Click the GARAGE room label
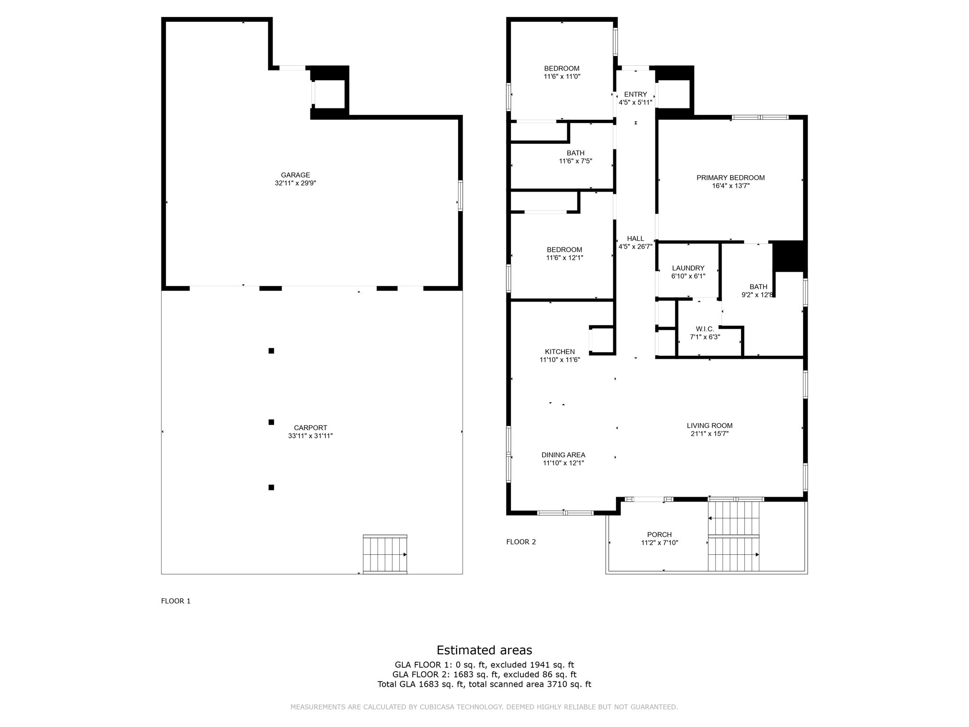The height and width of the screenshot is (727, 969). [x=295, y=175]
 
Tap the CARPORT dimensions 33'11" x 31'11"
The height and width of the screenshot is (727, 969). [x=310, y=436]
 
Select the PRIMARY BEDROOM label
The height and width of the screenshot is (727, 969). [x=731, y=178]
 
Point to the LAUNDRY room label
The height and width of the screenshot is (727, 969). [x=688, y=268]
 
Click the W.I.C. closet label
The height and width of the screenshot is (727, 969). [x=705, y=329]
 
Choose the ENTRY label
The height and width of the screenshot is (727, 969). [x=635, y=95]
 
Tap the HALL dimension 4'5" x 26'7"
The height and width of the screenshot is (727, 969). [x=635, y=247]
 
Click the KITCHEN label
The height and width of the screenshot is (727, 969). [x=560, y=352]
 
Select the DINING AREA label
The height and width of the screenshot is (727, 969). [x=563, y=455]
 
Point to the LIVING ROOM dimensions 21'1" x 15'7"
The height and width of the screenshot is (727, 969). [x=709, y=434]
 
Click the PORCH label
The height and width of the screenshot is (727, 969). [x=660, y=535]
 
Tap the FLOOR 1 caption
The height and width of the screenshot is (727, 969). [x=176, y=601]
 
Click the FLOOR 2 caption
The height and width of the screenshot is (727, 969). [x=521, y=542]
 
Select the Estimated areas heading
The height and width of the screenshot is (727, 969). [x=484, y=650]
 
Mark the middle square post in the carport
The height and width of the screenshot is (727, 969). [x=271, y=422]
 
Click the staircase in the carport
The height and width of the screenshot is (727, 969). [x=385, y=554]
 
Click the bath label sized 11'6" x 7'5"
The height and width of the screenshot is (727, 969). [x=575, y=153]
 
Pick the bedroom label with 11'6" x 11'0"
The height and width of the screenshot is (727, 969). [x=562, y=69]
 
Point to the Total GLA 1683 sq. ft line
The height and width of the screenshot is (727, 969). [x=484, y=684]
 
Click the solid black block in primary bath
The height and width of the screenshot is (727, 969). [x=788, y=256]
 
